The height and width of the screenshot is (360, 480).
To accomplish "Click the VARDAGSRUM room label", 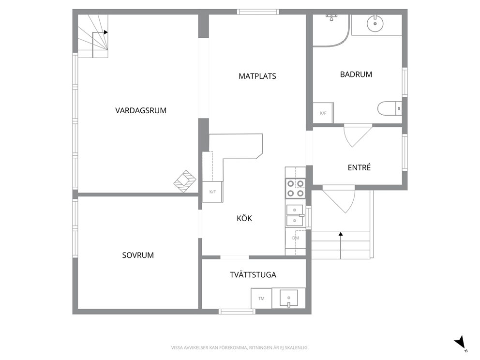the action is pos(141,110).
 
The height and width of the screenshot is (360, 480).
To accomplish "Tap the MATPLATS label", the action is pos(257,76).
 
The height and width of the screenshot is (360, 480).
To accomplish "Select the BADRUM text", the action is pos(356,75).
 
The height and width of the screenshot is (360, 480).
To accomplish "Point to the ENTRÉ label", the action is pos(359,167).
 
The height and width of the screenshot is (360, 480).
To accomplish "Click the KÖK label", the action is pos(244,218).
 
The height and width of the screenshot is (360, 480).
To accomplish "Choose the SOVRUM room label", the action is pos(138,255).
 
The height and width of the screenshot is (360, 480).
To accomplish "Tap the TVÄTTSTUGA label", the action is pos(253,274).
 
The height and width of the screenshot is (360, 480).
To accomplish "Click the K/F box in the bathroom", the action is pos(323,113).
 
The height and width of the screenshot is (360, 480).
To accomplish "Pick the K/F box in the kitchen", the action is pos(212,192).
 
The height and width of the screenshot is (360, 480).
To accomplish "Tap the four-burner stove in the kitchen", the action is pos(295,188).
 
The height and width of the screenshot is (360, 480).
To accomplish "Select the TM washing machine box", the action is pos(261,298).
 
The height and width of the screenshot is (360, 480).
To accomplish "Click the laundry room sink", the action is pos(289,298).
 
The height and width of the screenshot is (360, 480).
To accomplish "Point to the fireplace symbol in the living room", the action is pos(185,181).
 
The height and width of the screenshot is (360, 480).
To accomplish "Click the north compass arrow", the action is pos(460,343).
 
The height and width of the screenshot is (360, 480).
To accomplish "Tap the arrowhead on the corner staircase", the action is pos(105,32).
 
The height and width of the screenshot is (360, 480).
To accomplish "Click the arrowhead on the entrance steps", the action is pos(341,234).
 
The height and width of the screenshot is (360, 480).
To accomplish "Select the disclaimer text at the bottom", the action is pos(240,348).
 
